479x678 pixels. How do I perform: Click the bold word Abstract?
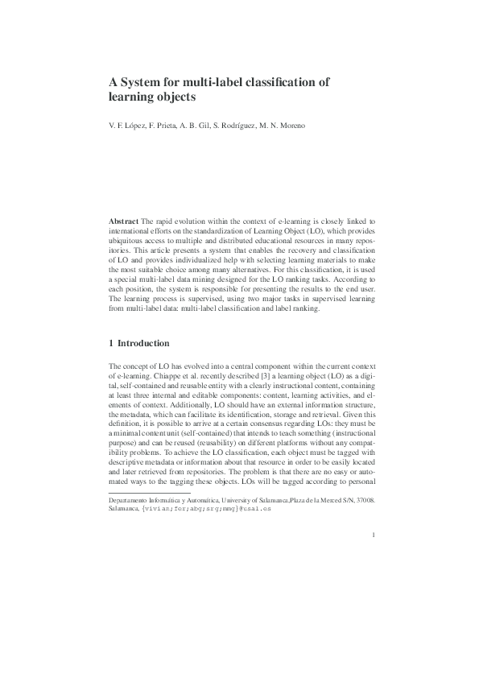tap(124, 220)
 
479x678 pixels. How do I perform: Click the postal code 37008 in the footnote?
tap(365, 500)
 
